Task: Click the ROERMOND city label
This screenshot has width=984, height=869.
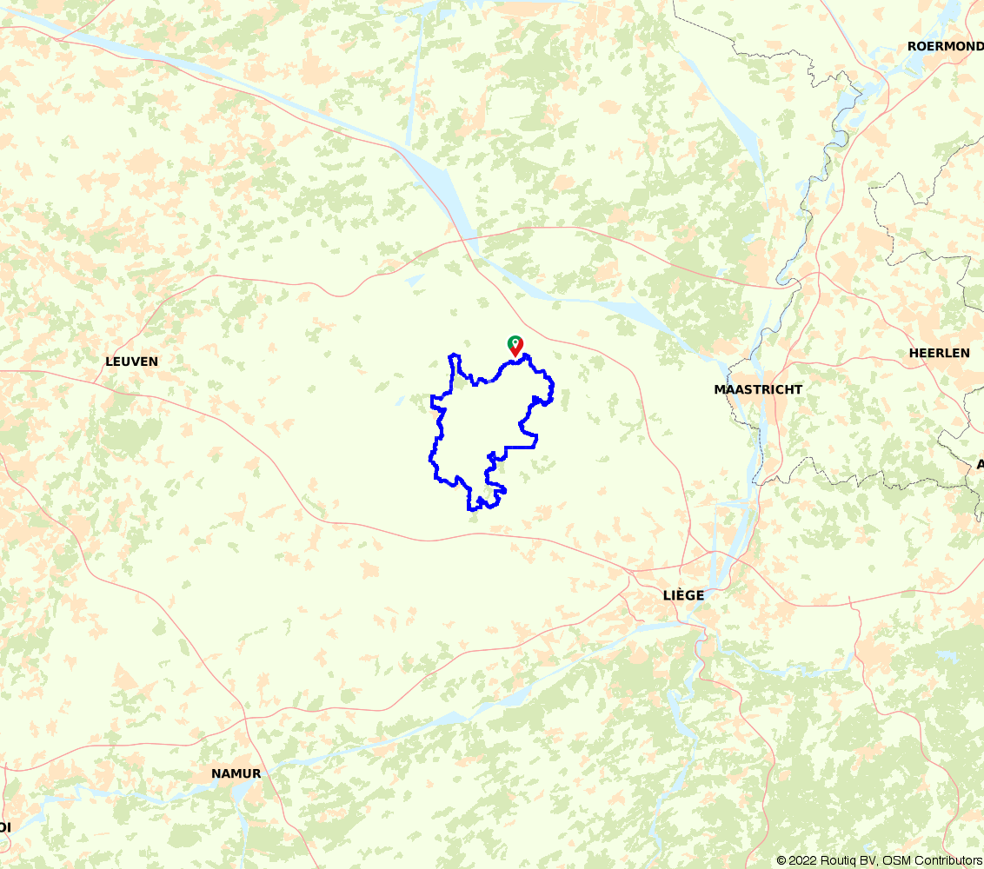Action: (x=945, y=46)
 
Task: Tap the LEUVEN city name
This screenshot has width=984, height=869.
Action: (x=131, y=361)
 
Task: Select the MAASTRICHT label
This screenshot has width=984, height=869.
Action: (x=758, y=389)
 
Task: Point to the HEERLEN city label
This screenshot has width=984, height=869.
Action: (x=939, y=353)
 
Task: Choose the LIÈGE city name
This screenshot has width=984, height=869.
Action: (x=683, y=595)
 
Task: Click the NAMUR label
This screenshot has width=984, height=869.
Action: (x=236, y=773)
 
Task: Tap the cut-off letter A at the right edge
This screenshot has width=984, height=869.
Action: (x=980, y=464)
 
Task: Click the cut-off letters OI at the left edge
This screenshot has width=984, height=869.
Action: (x=5, y=826)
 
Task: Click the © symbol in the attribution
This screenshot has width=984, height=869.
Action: (x=781, y=860)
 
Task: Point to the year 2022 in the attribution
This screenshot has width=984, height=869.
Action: (x=802, y=860)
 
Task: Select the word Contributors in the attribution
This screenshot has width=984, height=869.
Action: (x=948, y=860)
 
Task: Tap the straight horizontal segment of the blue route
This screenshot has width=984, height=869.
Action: (x=520, y=447)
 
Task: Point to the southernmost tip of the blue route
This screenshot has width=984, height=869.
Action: (x=472, y=509)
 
